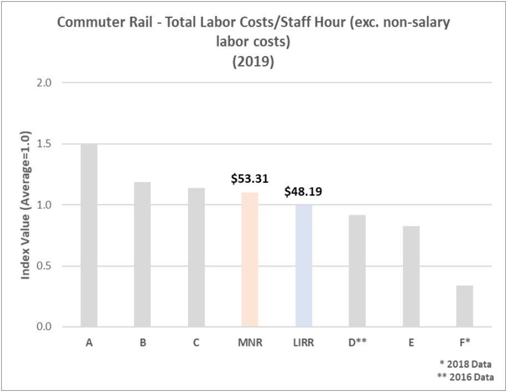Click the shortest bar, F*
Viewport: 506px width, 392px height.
[x=465, y=306]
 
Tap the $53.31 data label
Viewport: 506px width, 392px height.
[x=250, y=179]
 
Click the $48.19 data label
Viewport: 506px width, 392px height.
[x=303, y=192]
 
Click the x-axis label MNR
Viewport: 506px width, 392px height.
[x=250, y=343]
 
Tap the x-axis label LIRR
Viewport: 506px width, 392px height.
[x=303, y=343]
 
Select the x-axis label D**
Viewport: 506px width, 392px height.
[x=357, y=343]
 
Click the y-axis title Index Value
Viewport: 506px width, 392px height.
[x=26, y=205]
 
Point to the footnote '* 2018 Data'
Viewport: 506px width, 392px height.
[x=465, y=364]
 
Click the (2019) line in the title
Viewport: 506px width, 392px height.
[x=252, y=62]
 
